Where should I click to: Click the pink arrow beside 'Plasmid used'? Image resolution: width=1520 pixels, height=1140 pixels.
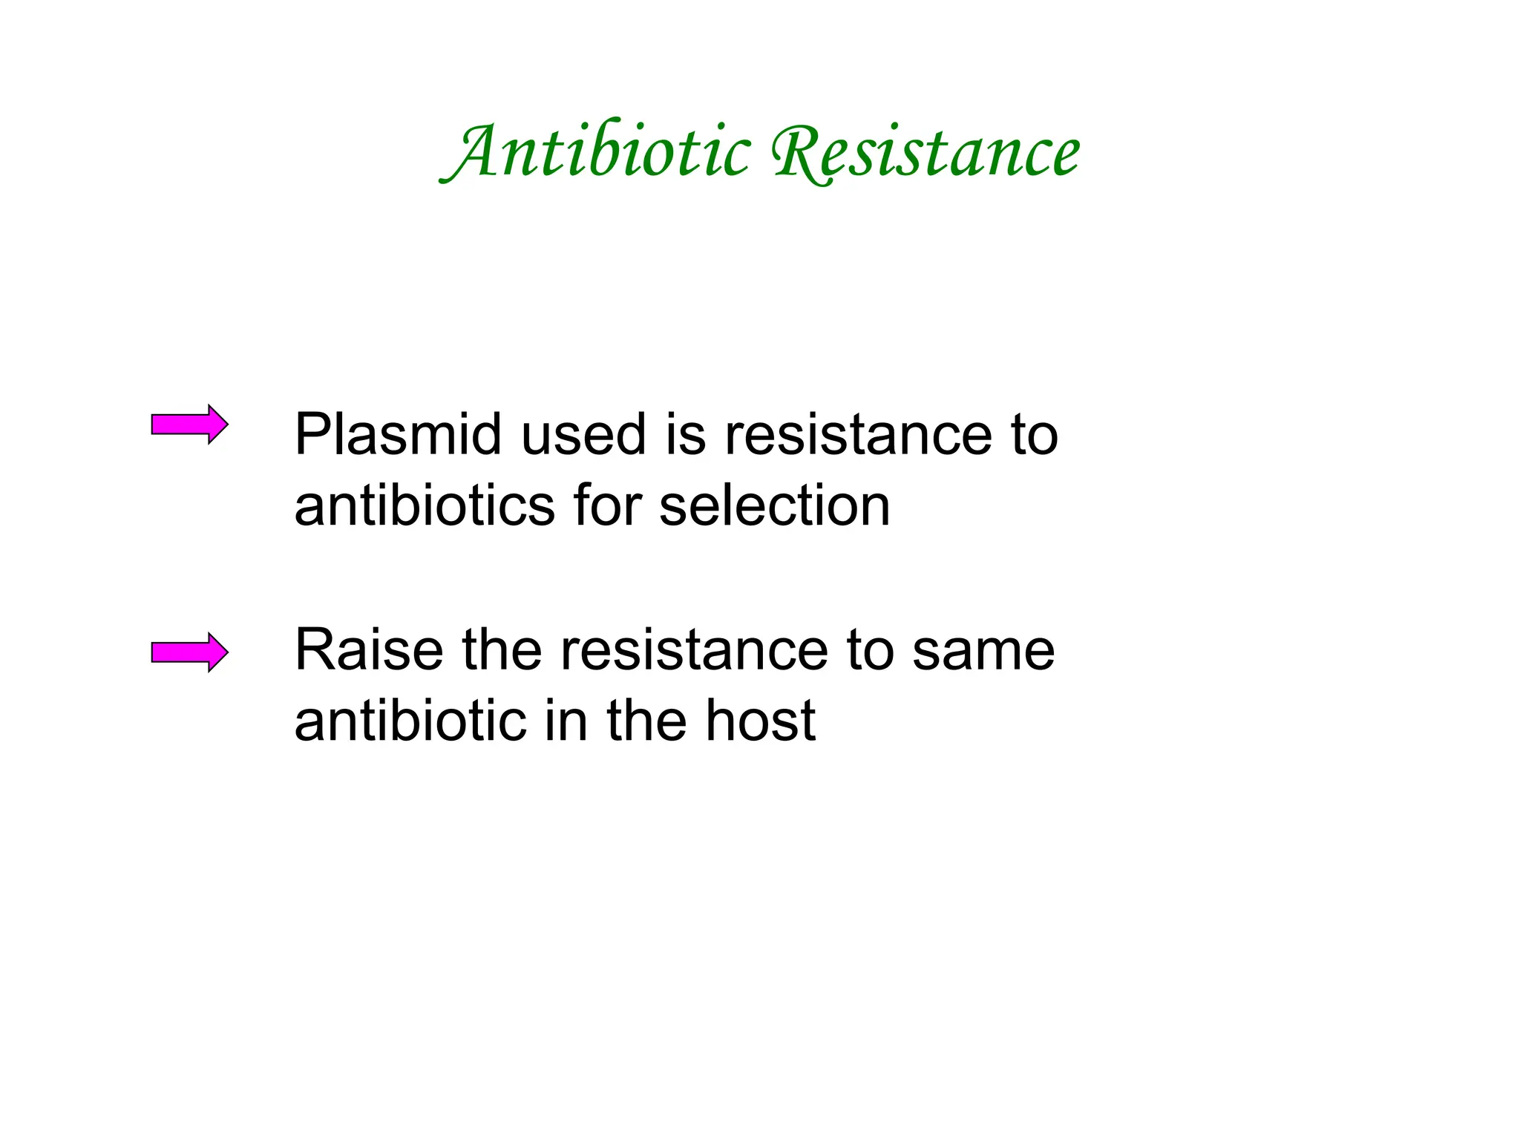click(x=189, y=425)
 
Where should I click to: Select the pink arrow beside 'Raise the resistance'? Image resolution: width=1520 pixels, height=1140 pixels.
click(x=189, y=652)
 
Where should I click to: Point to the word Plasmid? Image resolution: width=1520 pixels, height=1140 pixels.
click(x=398, y=435)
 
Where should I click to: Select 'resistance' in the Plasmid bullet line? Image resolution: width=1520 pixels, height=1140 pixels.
click(x=858, y=435)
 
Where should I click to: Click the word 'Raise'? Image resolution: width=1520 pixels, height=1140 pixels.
click(x=368, y=651)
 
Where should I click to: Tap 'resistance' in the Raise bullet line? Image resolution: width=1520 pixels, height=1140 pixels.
click(x=694, y=651)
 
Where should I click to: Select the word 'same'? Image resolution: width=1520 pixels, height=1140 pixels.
click(x=983, y=651)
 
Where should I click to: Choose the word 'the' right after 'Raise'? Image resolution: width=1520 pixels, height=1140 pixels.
click(x=502, y=651)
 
